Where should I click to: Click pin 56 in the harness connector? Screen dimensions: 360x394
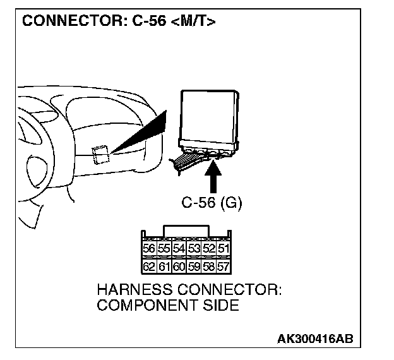tap(149, 248)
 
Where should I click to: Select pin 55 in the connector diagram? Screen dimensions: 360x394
tap(164, 248)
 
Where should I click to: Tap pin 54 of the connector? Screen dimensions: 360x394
tap(179, 248)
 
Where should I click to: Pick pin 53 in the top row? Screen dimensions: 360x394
tap(194, 248)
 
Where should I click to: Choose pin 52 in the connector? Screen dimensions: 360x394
tap(209, 248)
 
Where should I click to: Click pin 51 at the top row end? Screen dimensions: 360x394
tap(224, 248)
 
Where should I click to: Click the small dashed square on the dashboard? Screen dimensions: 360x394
tap(100, 155)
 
